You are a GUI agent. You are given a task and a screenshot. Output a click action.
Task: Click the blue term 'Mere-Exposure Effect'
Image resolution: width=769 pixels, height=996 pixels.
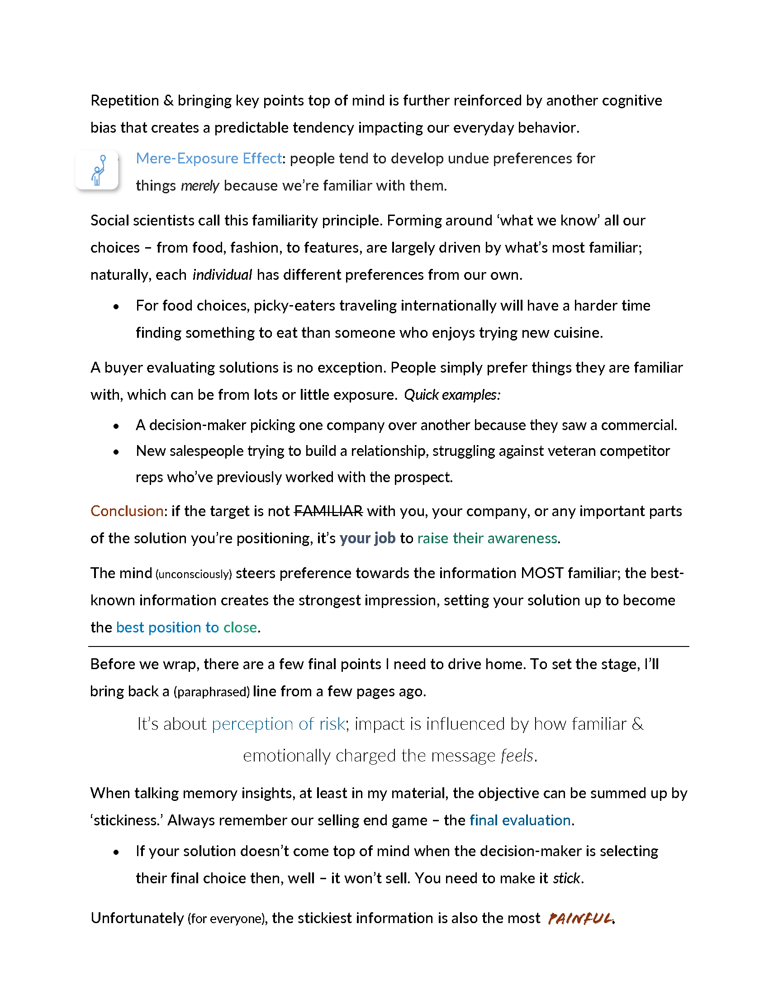(x=209, y=158)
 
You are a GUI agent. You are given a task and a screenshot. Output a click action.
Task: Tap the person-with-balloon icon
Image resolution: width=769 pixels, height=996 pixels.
(x=98, y=170)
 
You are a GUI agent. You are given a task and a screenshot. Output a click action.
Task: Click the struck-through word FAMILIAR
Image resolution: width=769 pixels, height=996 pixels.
(x=328, y=511)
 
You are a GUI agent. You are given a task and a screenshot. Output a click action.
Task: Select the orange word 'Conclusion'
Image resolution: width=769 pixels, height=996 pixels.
(x=127, y=511)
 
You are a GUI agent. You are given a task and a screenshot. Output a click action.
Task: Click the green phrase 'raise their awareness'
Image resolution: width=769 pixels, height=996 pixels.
(x=487, y=538)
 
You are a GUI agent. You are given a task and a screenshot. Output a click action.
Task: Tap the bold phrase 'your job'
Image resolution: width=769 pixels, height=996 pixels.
(x=367, y=538)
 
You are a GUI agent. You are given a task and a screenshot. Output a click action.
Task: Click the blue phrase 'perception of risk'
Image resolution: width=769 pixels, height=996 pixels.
(x=278, y=724)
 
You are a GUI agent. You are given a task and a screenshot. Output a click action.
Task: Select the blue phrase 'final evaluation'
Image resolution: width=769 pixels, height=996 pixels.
(x=520, y=820)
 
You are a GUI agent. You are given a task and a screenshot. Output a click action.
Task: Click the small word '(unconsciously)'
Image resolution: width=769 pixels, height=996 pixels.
(x=194, y=574)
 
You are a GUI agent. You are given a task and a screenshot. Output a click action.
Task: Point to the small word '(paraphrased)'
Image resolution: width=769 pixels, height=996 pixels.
(x=211, y=692)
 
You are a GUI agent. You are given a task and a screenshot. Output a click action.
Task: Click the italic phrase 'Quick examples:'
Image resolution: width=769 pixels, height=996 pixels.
(x=452, y=394)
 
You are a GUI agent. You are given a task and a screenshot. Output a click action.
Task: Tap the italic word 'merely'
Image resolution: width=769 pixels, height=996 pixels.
(x=200, y=186)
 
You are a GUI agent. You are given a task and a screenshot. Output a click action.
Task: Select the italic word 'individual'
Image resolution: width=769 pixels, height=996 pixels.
(x=222, y=274)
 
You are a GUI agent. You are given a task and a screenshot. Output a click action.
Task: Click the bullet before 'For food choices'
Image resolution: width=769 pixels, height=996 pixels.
(x=116, y=306)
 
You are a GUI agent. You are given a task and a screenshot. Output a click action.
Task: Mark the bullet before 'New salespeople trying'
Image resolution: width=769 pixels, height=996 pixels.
(x=116, y=452)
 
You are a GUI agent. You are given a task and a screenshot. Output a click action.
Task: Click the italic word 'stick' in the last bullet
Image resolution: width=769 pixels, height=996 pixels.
(x=566, y=878)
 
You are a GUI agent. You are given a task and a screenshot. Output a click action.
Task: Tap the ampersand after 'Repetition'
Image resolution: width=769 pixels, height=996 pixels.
(x=168, y=101)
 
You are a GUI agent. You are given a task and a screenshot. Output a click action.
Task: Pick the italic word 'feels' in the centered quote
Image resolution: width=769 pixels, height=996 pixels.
(x=517, y=756)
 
